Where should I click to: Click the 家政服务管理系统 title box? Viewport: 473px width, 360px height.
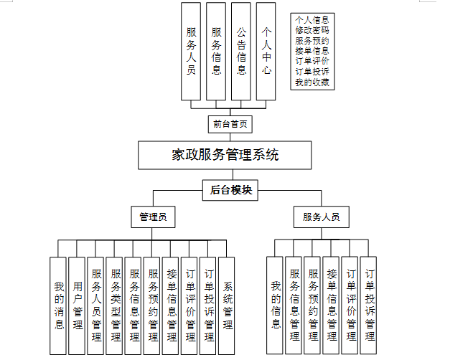click(x=225, y=155)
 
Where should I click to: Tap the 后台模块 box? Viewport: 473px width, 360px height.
click(x=230, y=190)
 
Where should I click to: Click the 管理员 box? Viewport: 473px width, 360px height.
click(x=154, y=217)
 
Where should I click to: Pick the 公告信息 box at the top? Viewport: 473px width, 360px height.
click(x=241, y=52)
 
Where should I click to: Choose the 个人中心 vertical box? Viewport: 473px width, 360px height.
click(x=266, y=52)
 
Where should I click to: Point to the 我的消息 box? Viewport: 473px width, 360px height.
click(x=60, y=305)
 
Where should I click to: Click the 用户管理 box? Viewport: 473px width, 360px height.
click(x=78, y=305)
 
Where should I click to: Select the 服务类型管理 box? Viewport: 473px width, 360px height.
click(x=116, y=305)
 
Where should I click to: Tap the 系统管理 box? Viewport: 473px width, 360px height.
click(x=228, y=305)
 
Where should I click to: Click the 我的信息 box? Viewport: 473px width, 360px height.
click(x=276, y=305)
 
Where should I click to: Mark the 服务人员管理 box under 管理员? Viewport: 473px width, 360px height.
click(x=97, y=305)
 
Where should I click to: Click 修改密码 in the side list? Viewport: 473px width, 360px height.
click(x=312, y=31)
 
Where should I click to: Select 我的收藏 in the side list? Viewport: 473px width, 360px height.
click(x=312, y=82)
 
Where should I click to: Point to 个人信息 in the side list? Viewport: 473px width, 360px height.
click(x=312, y=20)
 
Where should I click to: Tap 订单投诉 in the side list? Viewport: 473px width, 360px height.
click(x=312, y=72)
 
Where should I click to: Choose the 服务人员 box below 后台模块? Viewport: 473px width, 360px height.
click(x=321, y=217)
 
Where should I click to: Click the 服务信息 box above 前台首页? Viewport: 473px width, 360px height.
click(x=216, y=52)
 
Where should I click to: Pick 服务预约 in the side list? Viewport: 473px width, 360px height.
click(x=312, y=41)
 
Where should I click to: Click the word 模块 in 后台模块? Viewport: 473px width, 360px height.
click(x=240, y=190)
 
